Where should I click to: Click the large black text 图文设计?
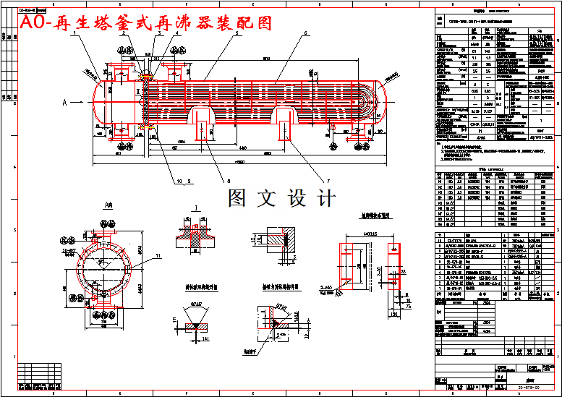coord(282,198)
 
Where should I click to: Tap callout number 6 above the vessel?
coord(305,33)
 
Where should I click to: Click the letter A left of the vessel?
coord(65,103)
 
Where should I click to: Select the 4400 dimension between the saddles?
coord(242,148)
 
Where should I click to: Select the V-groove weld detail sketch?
coord(197,319)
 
